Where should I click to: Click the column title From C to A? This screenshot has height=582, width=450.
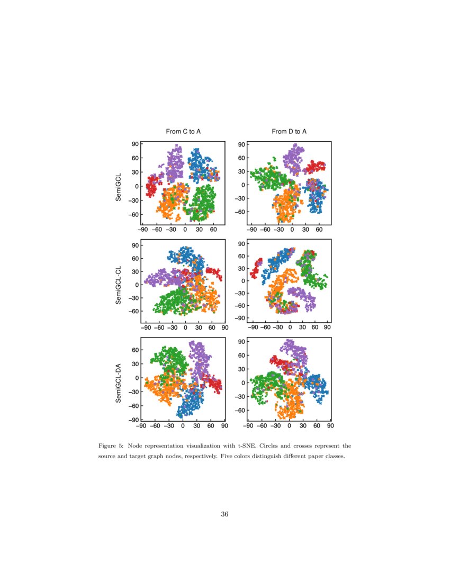click(183, 131)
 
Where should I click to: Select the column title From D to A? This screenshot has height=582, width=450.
click(289, 131)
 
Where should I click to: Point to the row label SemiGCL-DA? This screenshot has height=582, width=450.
click(119, 383)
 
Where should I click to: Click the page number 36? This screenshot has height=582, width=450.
click(225, 514)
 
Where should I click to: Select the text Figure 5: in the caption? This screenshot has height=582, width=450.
click(111, 446)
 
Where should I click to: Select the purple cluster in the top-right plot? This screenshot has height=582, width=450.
click(293, 158)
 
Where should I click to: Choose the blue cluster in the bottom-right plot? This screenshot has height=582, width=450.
click(318, 388)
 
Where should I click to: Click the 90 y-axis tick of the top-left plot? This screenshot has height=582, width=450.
click(135, 144)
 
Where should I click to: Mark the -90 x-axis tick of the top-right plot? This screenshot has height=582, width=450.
click(251, 230)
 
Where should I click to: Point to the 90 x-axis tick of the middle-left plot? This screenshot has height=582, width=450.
click(224, 328)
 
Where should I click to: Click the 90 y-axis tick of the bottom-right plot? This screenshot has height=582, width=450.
click(241, 342)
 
